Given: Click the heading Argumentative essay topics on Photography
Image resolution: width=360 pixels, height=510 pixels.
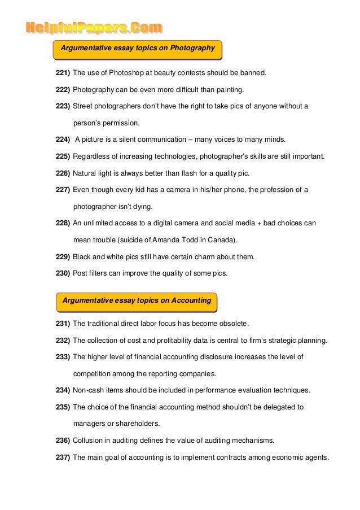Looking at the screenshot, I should click(x=138, y=49).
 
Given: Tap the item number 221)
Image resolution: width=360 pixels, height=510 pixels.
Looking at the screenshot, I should click(x=62, y=73).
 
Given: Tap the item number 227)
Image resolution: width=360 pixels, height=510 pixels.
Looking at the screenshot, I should click(x=62, y=189).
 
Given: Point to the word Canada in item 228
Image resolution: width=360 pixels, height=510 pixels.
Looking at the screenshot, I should click(x=222, y=239).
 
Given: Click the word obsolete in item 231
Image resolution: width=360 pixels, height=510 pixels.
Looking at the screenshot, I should click(x=234, y=324).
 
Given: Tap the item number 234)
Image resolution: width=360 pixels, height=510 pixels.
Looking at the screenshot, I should click(x=62, y=390).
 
